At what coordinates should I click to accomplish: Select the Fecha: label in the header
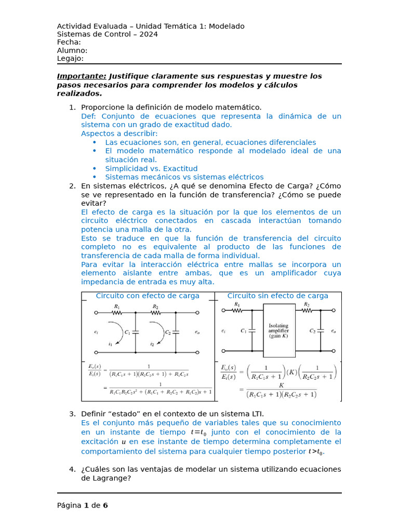(69, 42)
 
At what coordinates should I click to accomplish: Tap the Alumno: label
(72, 50)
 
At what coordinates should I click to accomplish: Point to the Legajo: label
(70, 59)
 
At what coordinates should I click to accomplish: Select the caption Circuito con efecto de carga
(148, 296)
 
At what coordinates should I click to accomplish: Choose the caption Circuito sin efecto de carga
(277, 296)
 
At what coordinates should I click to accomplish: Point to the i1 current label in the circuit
(110, 344)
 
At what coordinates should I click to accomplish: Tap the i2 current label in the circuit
(152, 344)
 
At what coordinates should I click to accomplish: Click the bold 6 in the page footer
(105, 505)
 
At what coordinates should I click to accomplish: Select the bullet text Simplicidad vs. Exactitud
(151, 168)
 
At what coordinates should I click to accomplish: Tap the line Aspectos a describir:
(119, 134)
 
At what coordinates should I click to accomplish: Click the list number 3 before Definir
(72, 414)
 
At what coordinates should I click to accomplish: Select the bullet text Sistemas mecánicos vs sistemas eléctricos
(184, 177)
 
